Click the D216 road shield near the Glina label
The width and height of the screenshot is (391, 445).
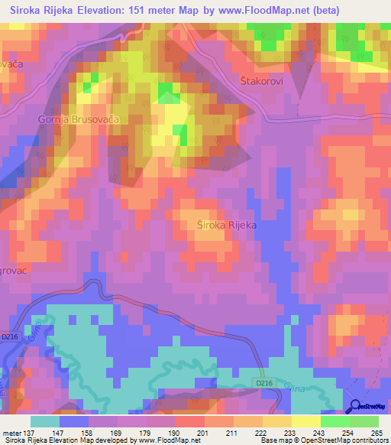pos(264,382)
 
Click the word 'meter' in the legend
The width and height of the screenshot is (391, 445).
pos(11,434)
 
